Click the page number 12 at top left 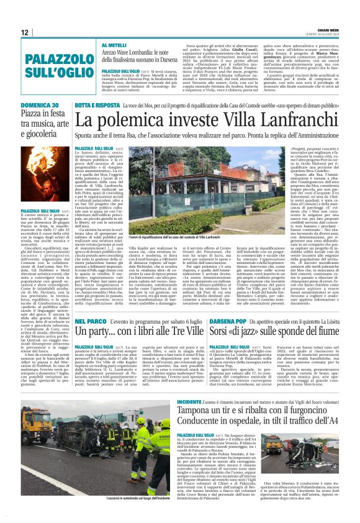[24, 33]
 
